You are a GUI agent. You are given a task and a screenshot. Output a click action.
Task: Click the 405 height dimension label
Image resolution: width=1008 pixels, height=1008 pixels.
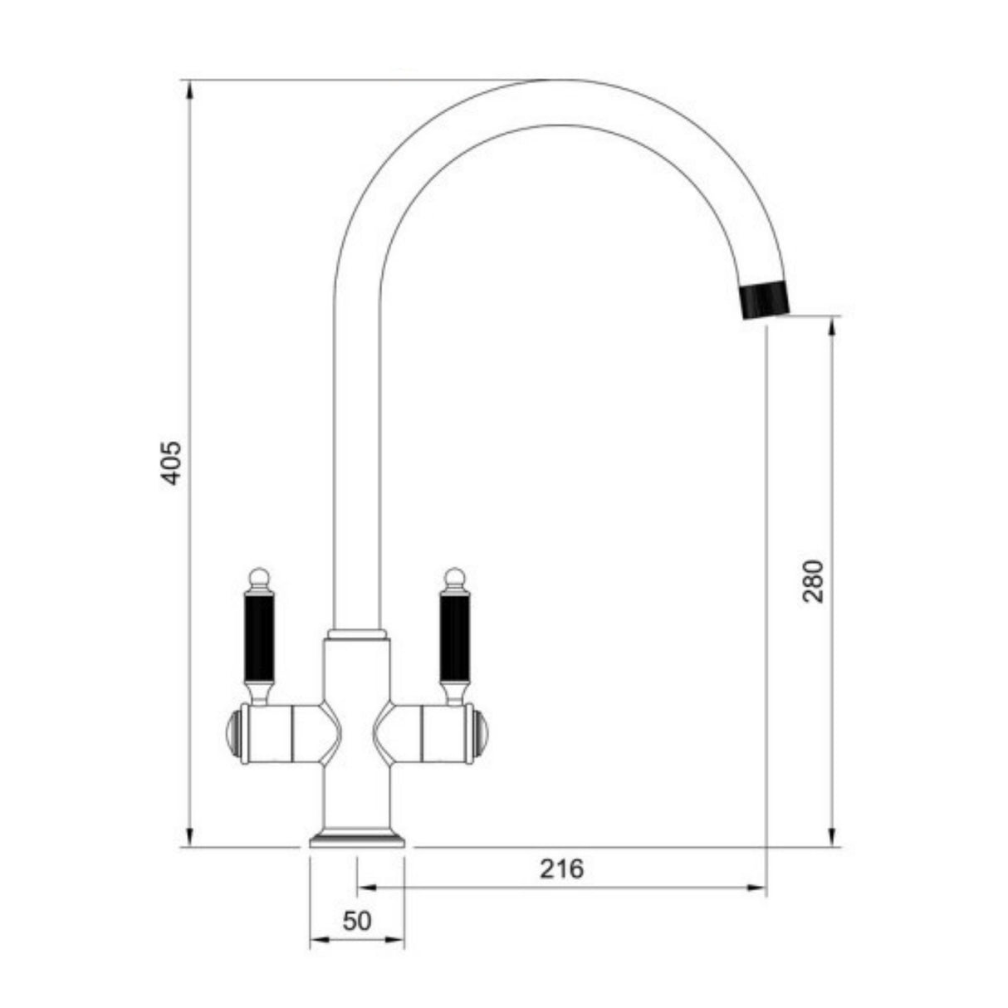coord(170,463)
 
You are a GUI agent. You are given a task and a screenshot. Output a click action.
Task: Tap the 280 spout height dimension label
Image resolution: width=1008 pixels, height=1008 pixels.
coord(815,580)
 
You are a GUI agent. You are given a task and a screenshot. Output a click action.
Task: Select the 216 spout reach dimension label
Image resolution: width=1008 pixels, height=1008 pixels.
coord(562,869)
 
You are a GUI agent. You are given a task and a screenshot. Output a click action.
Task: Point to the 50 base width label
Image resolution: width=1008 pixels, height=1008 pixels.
coord(356,920)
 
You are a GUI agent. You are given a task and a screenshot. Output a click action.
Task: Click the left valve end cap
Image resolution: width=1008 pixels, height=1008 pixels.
coord(233,733)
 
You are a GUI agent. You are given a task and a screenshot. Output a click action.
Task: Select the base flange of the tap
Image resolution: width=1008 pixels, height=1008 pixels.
coord(357,839)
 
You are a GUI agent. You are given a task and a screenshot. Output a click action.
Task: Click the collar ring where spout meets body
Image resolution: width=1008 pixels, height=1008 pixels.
coord(358,634)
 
